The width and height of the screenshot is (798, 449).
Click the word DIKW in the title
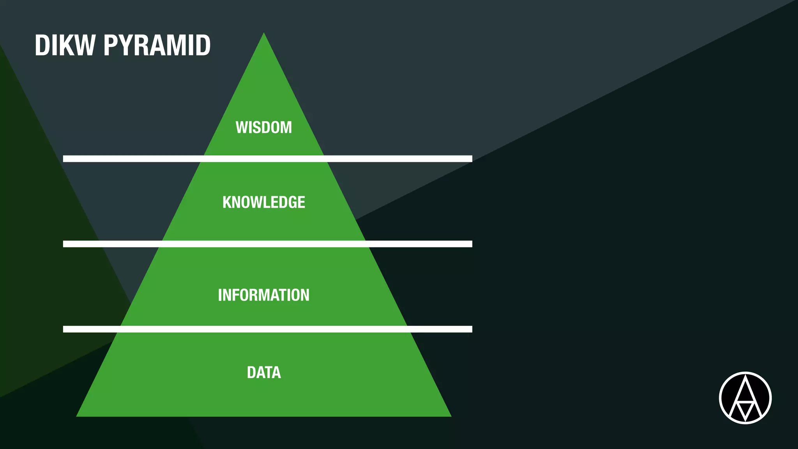click(x=65, y=46)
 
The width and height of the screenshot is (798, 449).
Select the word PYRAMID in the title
click(x=157, y=46)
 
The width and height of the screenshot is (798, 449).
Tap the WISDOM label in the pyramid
click(x=264, y=127)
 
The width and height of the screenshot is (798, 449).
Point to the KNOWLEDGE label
click(x=264, y=202)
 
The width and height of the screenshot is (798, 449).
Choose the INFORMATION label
click(x=264, y=295)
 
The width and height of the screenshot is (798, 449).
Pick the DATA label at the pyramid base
click(x=264, y=373)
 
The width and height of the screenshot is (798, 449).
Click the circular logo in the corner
click(x=745, y=398)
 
